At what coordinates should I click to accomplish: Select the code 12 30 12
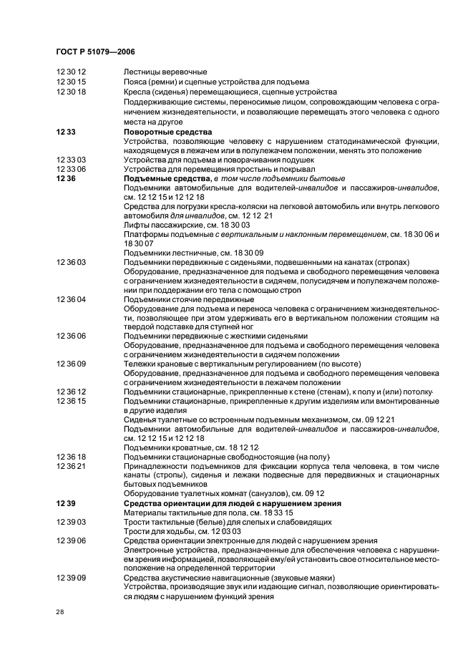71,72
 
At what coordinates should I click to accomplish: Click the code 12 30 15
71,82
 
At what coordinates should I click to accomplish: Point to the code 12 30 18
71,92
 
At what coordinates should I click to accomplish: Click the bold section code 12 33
66,132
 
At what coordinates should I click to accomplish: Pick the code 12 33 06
71,168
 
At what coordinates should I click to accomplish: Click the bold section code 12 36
66,178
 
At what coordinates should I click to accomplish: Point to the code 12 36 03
71,262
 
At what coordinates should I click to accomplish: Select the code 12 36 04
71,298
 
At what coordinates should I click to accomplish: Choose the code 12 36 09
71,363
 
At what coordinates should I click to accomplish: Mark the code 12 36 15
71,400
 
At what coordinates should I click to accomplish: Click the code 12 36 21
71,465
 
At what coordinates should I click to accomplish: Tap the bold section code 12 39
66,503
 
